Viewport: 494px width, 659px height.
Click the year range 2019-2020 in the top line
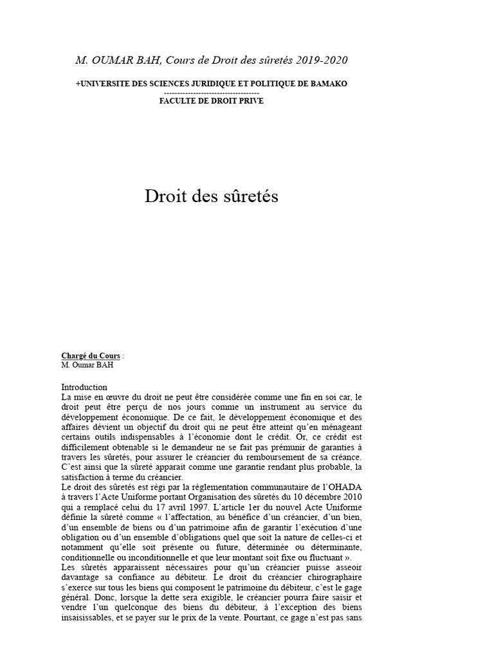(x=322, y=60)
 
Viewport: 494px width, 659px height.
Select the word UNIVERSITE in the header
(x=106, y=84)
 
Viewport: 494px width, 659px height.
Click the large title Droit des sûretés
(x=212, y=196)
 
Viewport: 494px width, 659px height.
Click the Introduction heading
(x=84, y=387)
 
